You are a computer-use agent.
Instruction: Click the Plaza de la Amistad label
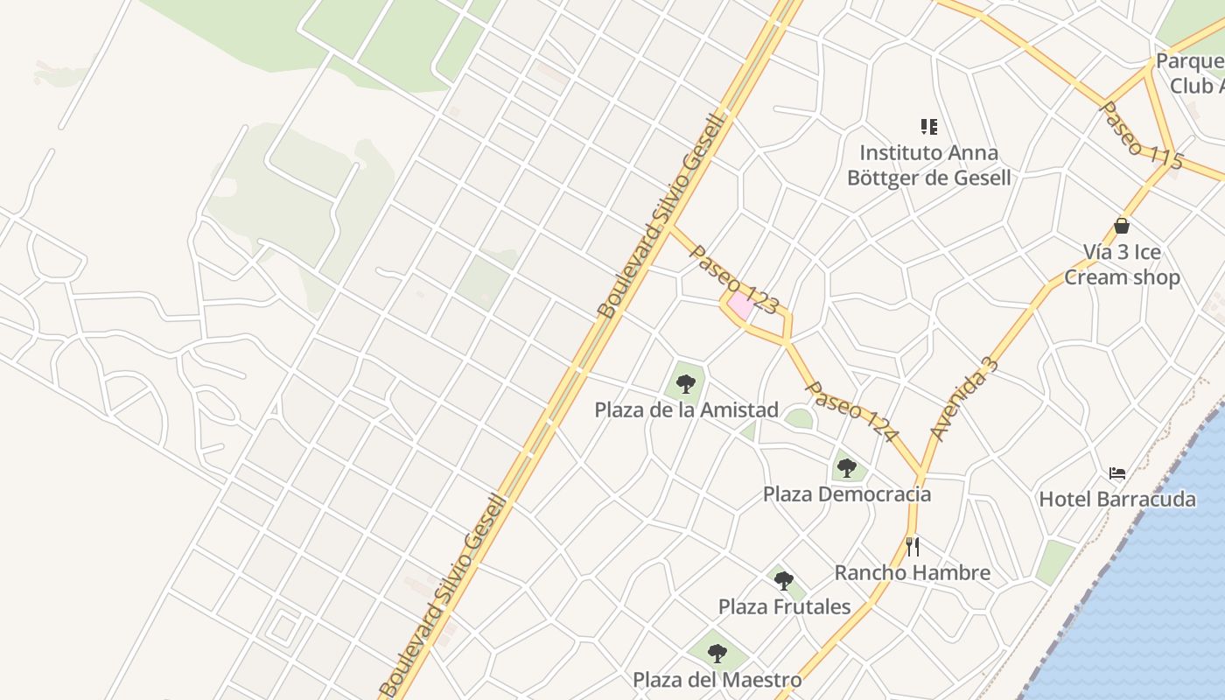click(686, 409)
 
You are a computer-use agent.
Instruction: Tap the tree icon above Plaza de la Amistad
click(685, 382)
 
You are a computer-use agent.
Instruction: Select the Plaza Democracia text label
click(847, 494)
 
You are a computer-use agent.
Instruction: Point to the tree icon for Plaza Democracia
click(846, 467)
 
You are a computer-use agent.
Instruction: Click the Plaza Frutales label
click(784, 606)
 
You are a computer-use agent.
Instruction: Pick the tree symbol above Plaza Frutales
click(784, 579)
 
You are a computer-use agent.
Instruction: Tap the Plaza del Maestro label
click(717, 680)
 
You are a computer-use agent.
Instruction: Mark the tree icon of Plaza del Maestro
click(717, 653)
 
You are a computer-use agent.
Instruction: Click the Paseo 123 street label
click(734, 279)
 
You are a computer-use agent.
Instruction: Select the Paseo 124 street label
click(851, 411)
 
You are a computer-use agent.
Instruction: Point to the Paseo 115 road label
click(1141, 136)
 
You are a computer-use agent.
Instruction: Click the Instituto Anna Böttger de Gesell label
click(928, 165)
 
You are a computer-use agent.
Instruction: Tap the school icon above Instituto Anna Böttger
click(929, 127)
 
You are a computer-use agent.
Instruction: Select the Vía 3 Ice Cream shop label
click(1122, 264)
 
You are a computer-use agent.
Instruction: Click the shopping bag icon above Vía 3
click(1122, 226)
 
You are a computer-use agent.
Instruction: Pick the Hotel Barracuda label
click(1116, 500)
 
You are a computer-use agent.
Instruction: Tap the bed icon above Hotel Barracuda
click(1117, 473)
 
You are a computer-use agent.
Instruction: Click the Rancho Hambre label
click(912, 573)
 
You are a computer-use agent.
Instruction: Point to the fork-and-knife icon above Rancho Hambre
click(912, 547)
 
